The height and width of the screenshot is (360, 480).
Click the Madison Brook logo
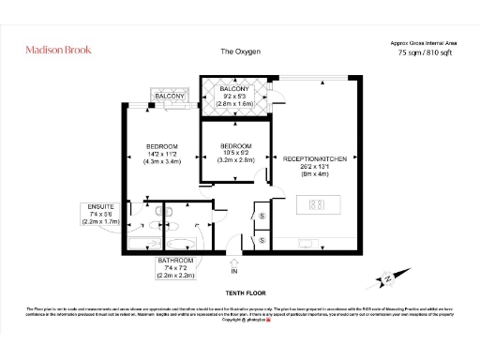(59, 51)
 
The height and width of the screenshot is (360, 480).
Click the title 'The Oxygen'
(239, 52)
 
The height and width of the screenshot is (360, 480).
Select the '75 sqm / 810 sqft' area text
(423, 53)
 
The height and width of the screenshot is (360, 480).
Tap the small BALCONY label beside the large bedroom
(170, 97)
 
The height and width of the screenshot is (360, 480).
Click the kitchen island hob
(316, 203)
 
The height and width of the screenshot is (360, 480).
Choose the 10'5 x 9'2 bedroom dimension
(235, 155)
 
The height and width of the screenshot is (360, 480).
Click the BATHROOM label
(175, 260)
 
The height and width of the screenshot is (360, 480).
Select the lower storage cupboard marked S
(262, 240)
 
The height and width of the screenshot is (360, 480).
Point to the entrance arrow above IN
(234, 262)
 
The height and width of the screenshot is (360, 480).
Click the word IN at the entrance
(234, 272)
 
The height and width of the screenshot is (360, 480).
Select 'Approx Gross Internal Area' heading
(423, 42)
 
